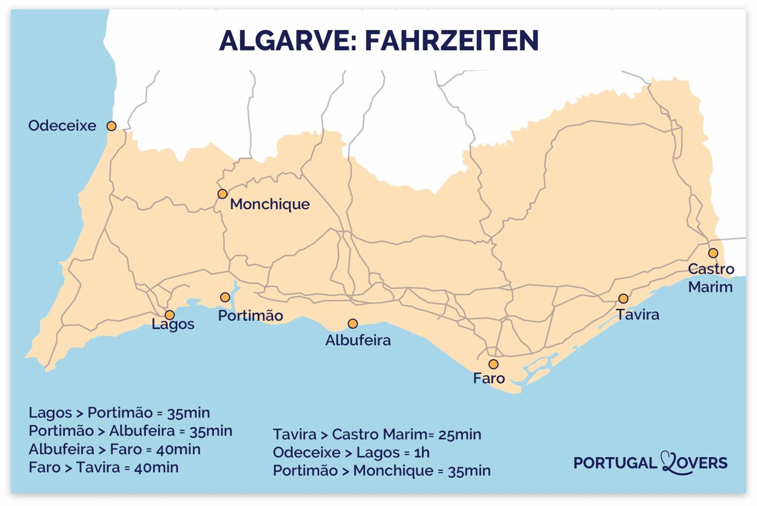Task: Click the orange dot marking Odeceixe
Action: click(111, 126)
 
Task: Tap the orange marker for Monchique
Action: click(222, 194)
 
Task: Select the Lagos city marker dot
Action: click(170, 315)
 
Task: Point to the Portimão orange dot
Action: click(225, 297)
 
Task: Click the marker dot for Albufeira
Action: click(353, 324)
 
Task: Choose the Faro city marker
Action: click(493, 364)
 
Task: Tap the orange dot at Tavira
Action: click(623, 298)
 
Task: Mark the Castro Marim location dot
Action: click(713, 253)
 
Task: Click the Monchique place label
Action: click(270, 204)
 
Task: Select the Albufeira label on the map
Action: click(358, 340)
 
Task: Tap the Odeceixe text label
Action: click(62, 126)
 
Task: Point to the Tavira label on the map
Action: click(638, 315)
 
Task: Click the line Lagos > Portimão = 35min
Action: click(119, 413)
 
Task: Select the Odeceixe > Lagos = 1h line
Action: click(351, 452)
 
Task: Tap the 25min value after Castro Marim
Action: click(459, 434)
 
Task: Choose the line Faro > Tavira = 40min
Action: click(103, 468)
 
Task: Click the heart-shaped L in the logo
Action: click(670, 463)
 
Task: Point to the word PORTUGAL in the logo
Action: click(614, 463)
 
